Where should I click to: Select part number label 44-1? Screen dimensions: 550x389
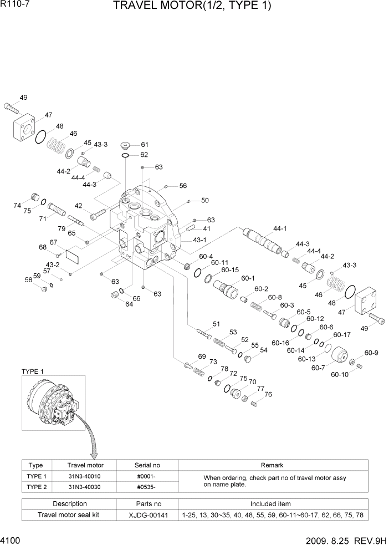click(280, 228)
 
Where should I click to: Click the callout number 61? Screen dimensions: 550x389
click(144, 145)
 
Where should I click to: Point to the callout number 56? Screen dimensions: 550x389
click(183, 186)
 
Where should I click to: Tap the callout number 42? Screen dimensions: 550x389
click(79, 205)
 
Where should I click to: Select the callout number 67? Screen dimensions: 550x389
click(53, 242)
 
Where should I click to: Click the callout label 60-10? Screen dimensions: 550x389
click(339, 374)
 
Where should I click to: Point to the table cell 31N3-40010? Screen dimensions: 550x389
click(85, 476)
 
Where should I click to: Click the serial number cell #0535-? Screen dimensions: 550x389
click(147, 486)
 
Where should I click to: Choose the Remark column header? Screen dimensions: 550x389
click(272, 465)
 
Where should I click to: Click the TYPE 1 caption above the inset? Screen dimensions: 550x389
click(33, 371)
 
